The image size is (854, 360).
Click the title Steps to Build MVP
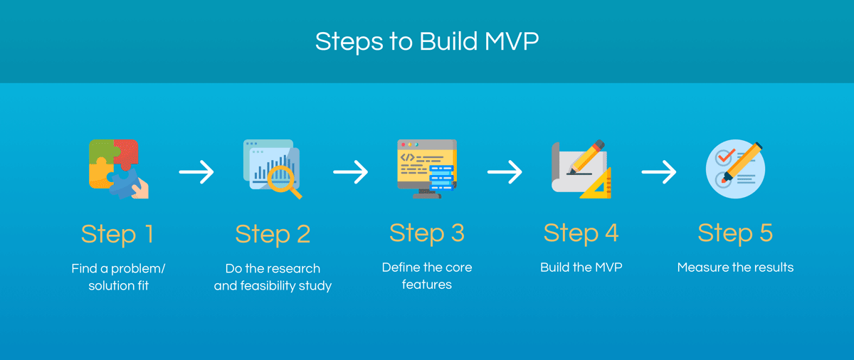click(x=427, y=41)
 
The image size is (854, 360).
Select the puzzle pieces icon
click(x=118, y=169)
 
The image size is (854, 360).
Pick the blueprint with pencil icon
click(x=581, y=169)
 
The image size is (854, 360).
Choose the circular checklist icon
click(x=735, y=169)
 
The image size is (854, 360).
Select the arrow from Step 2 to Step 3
click(x=350, y=171)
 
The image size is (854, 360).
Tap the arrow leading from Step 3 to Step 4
click(x=505, y=171)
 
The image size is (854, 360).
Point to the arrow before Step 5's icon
click(x=658, y=171)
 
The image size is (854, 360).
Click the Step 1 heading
click(x=118, y=233)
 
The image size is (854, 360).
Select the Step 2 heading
click(x=273, y=233)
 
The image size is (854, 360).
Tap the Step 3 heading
click(x=426, y=233)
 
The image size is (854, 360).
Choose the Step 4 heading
click(x=581, y=233)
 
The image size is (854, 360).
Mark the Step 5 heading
click(x=735, y=233)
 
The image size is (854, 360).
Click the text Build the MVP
click(x=581, y=268)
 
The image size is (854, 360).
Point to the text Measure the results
click(x=735, y=268)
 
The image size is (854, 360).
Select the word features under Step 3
click(x=426, y=285)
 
